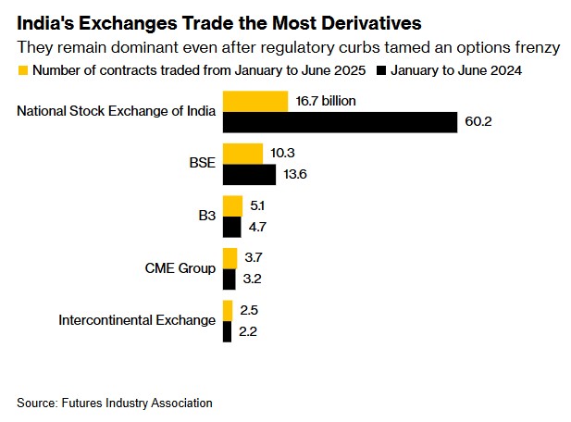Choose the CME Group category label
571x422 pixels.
[181, 268]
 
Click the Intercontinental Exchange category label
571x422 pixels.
[137, 321]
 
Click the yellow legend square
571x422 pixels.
[22, 69]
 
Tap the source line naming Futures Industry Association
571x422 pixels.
[115, 403]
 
